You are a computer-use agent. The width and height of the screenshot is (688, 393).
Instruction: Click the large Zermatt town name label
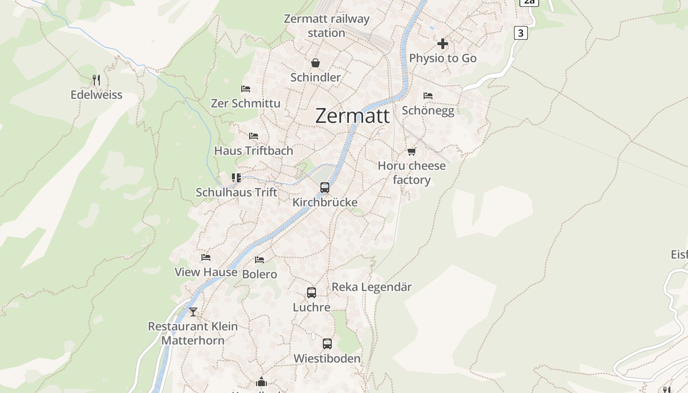point(352,116)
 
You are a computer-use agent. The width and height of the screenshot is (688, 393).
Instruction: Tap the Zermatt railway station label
point(326,26)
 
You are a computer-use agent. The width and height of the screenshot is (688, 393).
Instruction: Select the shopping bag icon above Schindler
point(315,63)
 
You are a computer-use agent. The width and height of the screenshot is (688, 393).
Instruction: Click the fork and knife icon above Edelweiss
point(96,80)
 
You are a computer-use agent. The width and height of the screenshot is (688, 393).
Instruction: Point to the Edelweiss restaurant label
point(96,95)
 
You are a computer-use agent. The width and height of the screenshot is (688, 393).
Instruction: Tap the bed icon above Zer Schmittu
point(246,89)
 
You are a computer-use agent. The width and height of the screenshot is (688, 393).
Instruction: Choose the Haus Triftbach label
point(254,151)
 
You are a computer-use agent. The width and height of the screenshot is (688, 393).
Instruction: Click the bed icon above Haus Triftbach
point(254,136)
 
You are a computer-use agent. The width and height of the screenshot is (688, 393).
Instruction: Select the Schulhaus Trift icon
point(236,177)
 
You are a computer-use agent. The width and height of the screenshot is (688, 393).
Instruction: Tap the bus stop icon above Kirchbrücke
point(325,187)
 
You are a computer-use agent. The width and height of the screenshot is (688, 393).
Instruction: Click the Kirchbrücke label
point(325,202)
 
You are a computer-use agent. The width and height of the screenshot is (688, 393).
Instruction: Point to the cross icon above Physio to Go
point(443,44)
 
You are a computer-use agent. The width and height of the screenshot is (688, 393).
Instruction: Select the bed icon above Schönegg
point(428,96)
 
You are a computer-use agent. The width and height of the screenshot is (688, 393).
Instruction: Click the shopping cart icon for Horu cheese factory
point(412,151)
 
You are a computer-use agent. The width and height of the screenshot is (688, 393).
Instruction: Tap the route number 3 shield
point(521,33)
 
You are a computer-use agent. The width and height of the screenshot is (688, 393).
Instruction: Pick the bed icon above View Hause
point(206,257)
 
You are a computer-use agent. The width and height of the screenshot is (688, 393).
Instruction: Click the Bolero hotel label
point(259,274)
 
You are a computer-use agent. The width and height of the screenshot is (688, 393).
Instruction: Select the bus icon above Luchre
point(312,293)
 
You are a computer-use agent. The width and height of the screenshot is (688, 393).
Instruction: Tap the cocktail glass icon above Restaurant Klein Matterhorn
point(193,311)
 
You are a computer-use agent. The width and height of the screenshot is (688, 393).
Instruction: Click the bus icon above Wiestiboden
point(327,344)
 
